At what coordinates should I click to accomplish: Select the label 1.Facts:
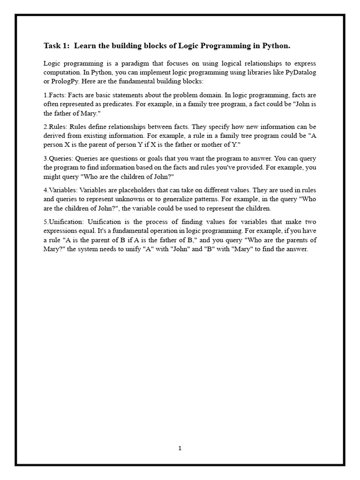(x=55, y=95)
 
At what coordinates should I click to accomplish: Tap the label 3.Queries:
(x=59, y=158)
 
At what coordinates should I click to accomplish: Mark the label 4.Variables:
(x=61, y=190)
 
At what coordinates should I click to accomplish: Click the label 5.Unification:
(x=65, y=222)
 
